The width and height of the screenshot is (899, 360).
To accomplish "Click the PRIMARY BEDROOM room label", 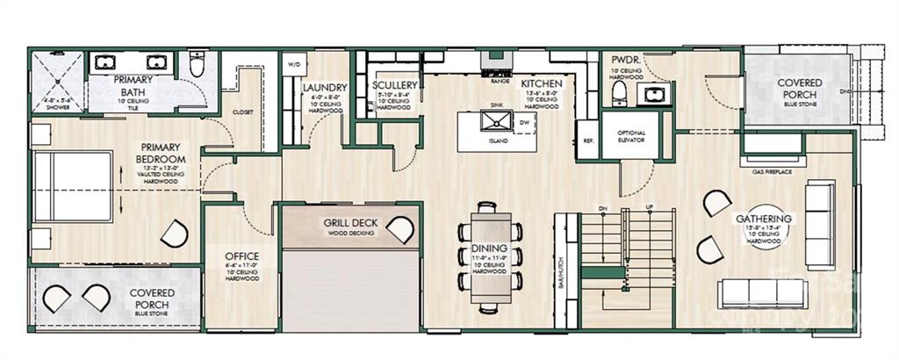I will (159, 152).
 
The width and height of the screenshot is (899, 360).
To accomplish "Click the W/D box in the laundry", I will (293, 64).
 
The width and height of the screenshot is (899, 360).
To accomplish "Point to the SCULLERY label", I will (392, 85).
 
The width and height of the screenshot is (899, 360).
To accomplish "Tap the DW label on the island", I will (524, 123).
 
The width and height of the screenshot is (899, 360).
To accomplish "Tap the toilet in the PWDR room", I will (619, 92).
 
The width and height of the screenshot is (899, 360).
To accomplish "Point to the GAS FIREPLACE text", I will (772, 171).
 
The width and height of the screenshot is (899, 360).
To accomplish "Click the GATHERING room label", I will (764, 219).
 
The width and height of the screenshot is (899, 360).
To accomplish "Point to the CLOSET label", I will (242, 112).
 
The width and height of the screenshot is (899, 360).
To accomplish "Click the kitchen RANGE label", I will (500, 81).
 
